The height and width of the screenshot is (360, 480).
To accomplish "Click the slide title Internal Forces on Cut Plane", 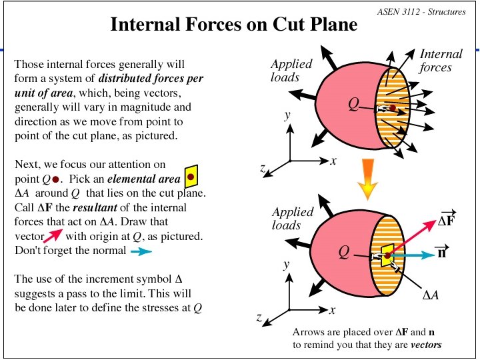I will coord(233,25).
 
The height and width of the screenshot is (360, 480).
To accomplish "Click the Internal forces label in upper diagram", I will coord(441,61).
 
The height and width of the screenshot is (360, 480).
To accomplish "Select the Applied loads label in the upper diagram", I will coord(291,70).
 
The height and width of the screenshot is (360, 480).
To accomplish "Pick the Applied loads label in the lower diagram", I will coord(293,218).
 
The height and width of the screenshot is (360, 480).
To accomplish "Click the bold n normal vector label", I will coord(441,253).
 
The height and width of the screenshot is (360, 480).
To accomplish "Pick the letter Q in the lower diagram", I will coord(343,251).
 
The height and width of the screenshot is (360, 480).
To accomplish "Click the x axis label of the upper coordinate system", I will coord(333,161).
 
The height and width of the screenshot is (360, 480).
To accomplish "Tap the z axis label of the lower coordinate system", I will coord(259,319).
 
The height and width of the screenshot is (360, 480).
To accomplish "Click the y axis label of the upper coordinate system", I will coord(287,115).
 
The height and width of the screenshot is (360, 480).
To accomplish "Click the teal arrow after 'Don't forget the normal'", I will coord(141,251).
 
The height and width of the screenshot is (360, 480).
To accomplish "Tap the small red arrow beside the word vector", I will coord(53,235).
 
